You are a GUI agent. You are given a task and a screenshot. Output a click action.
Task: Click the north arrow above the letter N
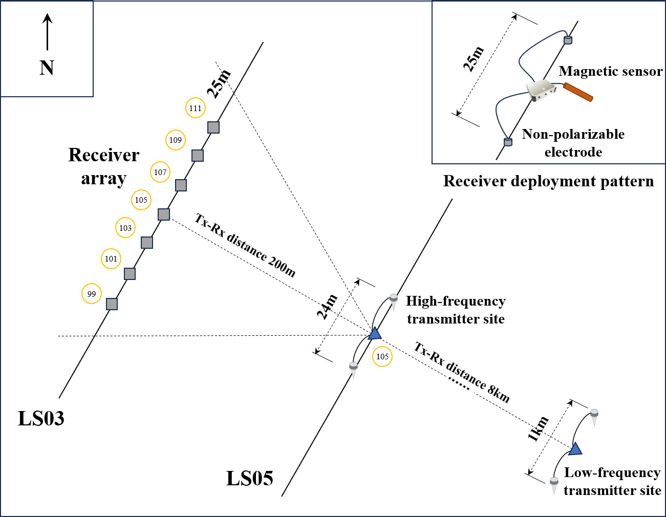point(47,32)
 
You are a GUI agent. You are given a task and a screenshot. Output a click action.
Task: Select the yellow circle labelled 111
point(195,108)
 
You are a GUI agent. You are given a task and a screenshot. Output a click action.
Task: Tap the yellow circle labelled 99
point(92,294)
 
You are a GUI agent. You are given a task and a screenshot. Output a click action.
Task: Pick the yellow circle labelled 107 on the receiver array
point(160,173)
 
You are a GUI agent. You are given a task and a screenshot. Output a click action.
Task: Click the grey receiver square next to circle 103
point(147,243)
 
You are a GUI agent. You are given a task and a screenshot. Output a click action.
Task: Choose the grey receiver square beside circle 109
point(197,155)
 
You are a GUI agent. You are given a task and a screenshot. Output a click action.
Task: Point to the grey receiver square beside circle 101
point(130,274)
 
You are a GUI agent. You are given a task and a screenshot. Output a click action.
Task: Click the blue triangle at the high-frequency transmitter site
point(375,334)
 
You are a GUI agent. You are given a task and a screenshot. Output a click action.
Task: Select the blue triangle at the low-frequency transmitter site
point(575,449)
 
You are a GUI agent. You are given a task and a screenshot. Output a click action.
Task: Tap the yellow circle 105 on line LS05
point(382,357)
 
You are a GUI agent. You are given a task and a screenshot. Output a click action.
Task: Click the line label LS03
point(41,419)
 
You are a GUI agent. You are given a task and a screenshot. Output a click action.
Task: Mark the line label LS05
point(250,479)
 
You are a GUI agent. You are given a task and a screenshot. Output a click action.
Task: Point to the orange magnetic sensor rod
point(578,92)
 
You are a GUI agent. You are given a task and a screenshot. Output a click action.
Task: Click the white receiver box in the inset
point(541,90)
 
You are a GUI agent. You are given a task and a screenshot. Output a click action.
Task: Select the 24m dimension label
point(327,307)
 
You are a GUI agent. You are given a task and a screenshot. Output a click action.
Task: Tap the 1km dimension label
point(538,429)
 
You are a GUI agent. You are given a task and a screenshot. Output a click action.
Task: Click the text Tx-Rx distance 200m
point(245,245)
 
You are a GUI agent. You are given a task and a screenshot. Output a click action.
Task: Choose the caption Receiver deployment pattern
point(548,182)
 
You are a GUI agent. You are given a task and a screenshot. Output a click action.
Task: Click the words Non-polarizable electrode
point(573,143)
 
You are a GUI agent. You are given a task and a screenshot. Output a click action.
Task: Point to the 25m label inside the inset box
point(473,59)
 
